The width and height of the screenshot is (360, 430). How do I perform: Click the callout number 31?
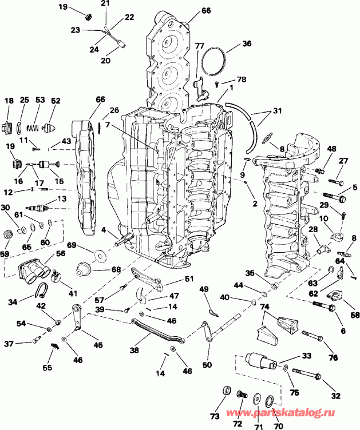[278, 112]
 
